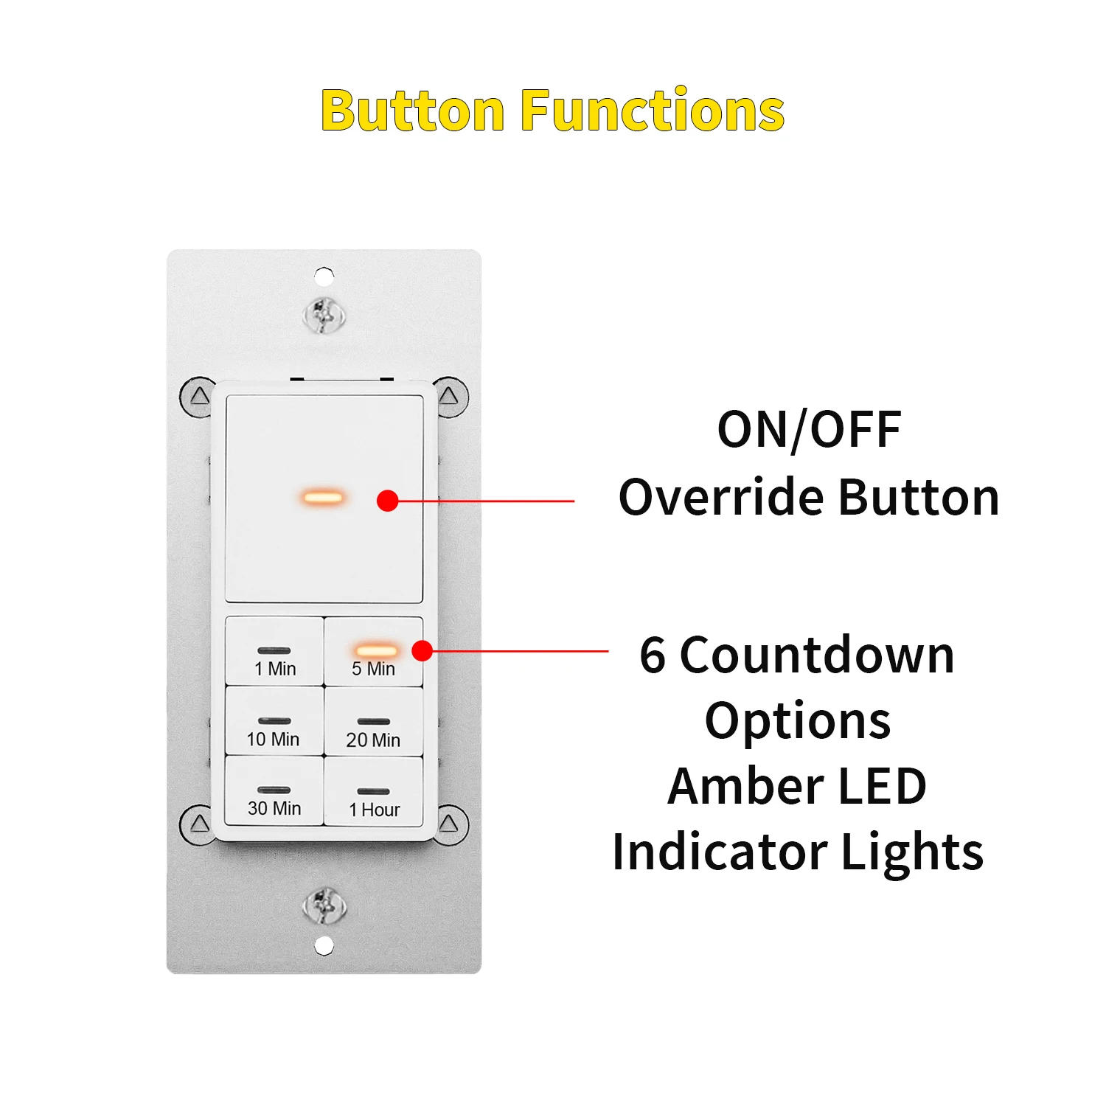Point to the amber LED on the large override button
[x=323, y=497]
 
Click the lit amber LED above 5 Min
[x=376, y=650]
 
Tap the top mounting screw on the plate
[x=324, y=316]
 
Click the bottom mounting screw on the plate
[x=324, y=905]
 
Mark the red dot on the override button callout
[x=388, y=501]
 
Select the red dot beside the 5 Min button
[x=422, y=650]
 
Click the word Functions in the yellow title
[x=653, y=111]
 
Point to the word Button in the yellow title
[x=412, y=111]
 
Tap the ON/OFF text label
[x=809, y=430]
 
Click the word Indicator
[x=719, y=852]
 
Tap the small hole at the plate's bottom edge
[x=324, y=945]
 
